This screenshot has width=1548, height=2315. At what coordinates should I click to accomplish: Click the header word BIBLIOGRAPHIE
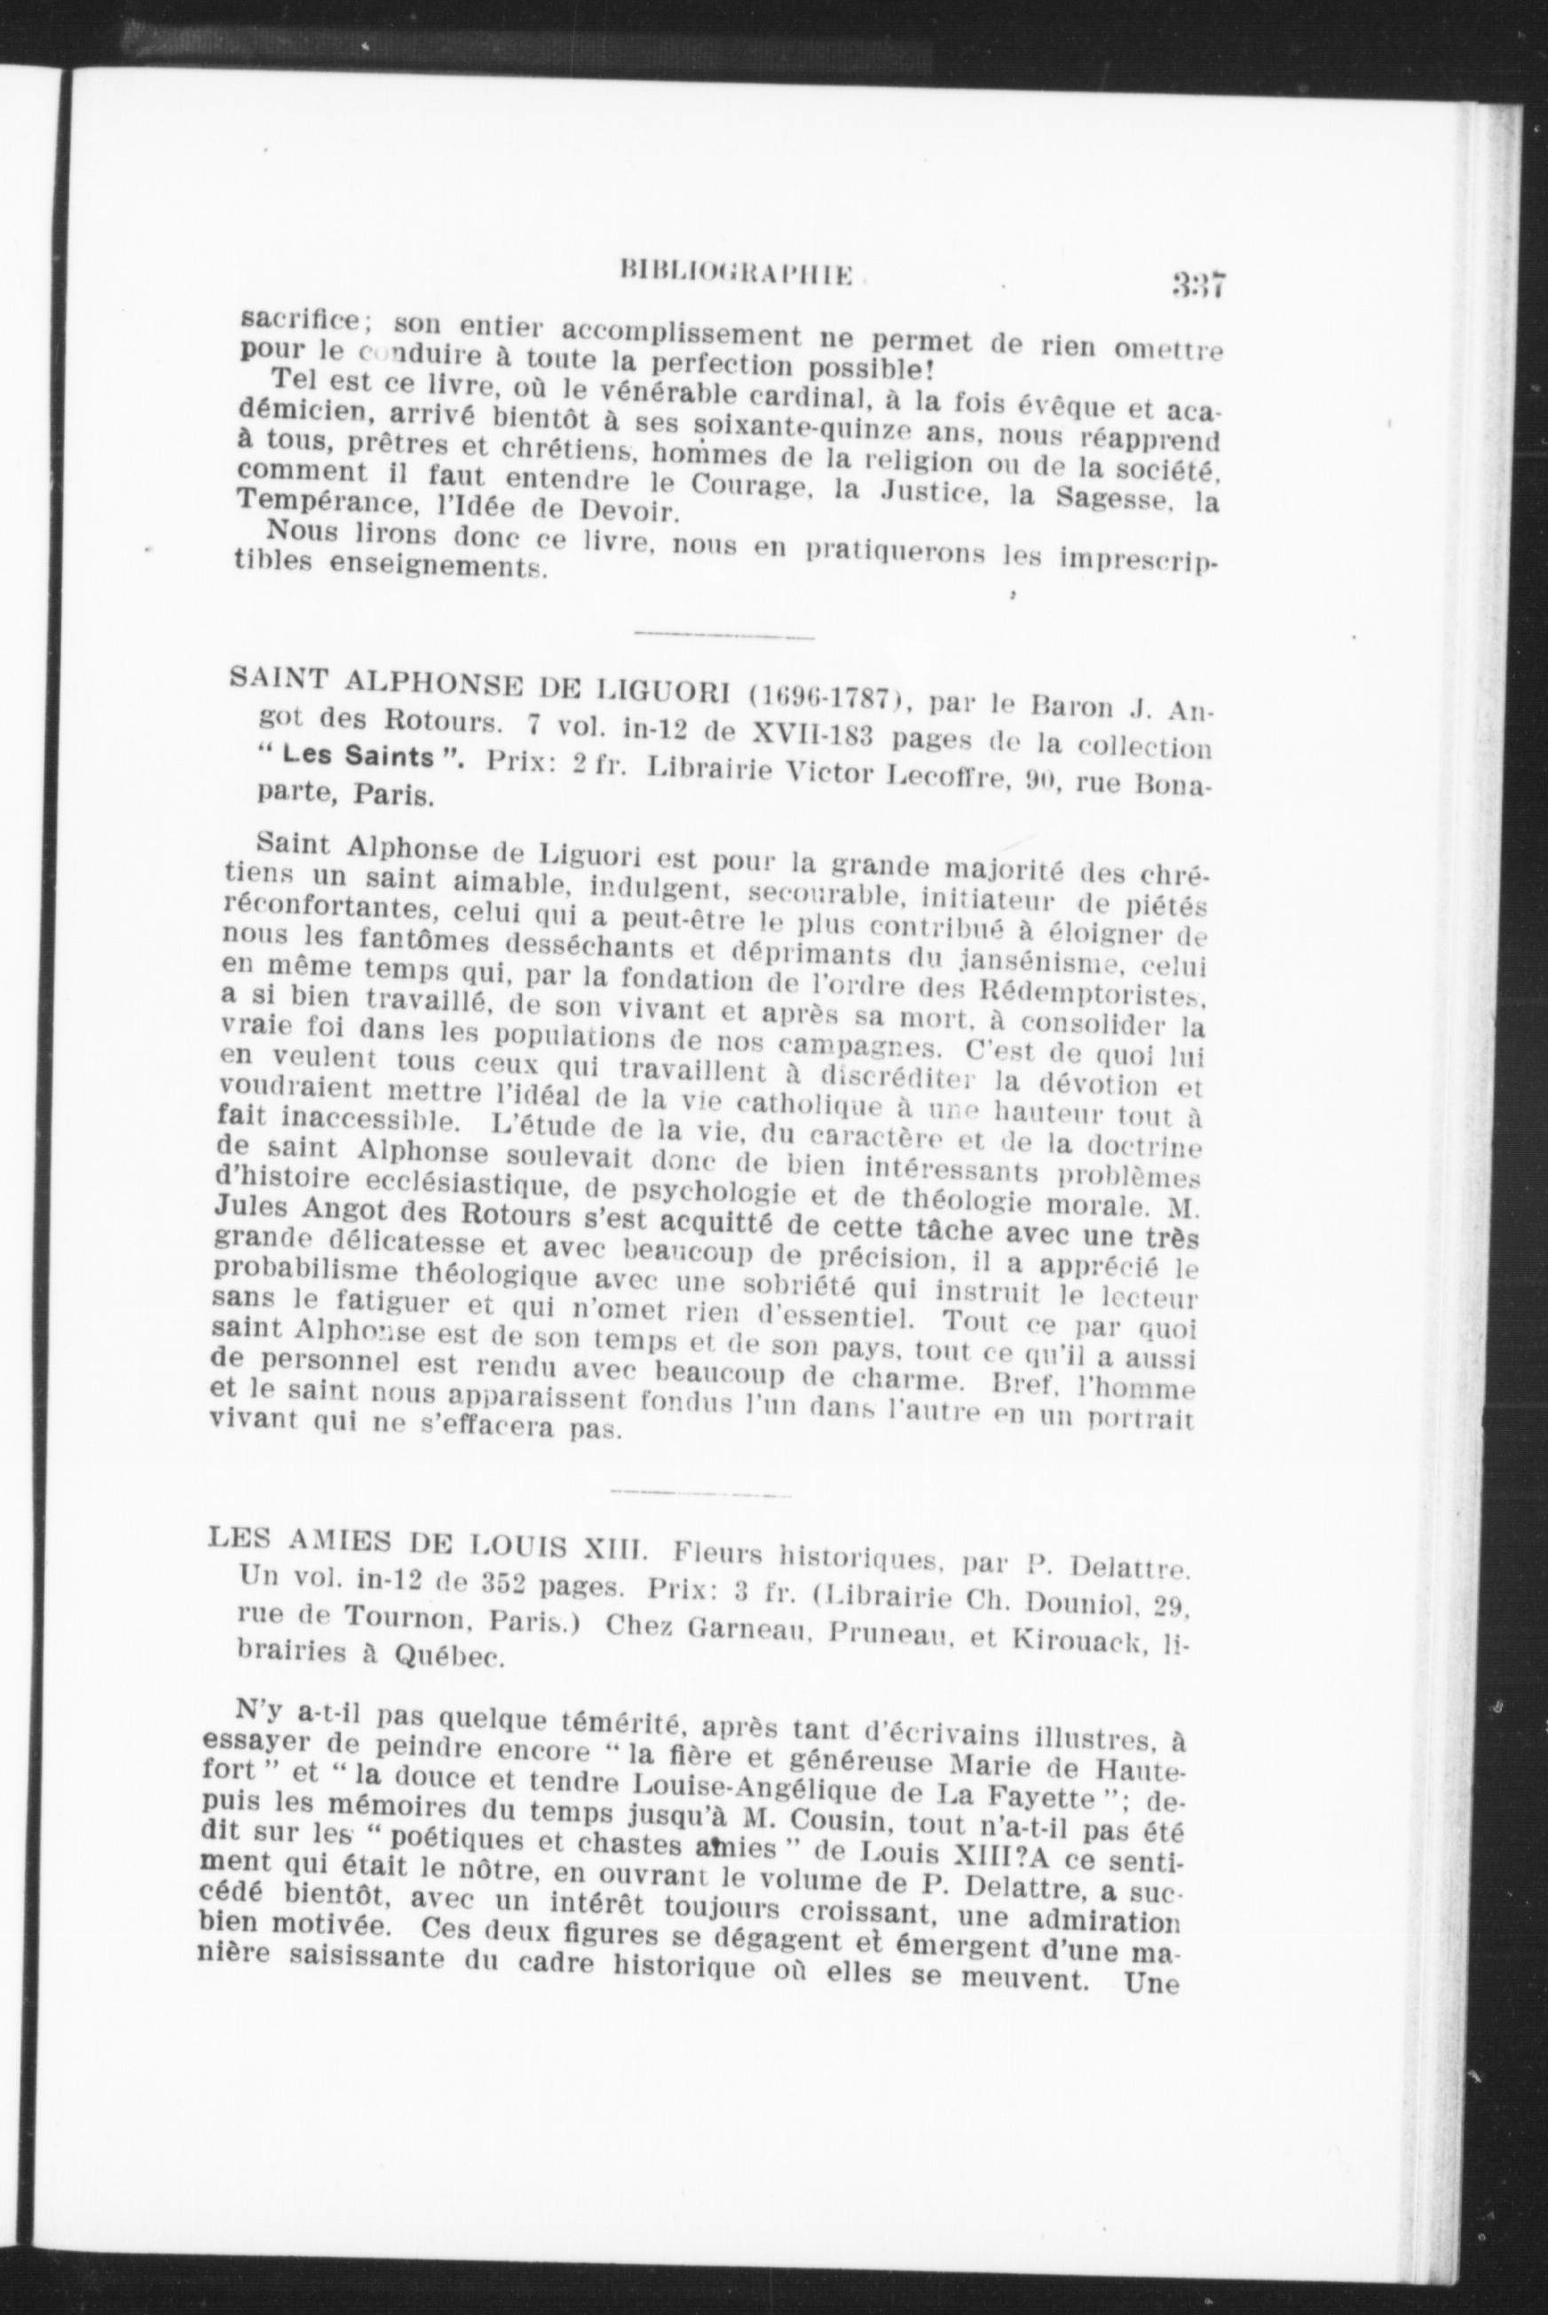(735, 272)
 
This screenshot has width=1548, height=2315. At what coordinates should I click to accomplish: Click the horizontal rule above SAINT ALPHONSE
(723, 636)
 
